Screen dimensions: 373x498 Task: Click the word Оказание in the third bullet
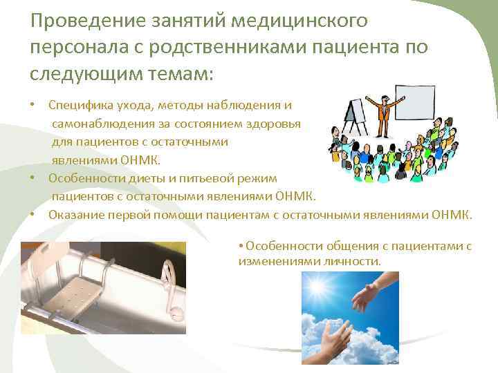click(x=75, y=215)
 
